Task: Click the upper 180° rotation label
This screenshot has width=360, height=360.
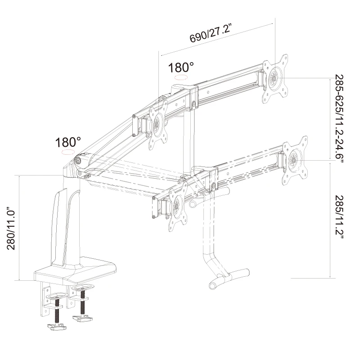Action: point(181,68)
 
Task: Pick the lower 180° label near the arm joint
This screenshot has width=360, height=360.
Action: point(67,143)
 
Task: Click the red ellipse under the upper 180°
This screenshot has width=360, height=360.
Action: point(181,78)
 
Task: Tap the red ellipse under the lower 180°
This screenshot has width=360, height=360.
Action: point(67,153)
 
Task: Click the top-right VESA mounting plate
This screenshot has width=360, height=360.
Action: point(276,78)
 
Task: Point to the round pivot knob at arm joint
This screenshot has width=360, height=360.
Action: point(79,160)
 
